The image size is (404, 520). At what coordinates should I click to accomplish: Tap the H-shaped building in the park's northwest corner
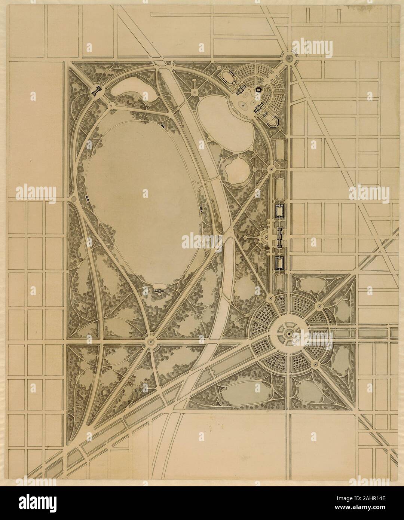[98, 90]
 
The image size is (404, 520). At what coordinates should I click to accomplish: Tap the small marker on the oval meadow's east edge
[201, 208]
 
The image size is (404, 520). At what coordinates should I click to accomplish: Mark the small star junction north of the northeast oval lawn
[195, 92]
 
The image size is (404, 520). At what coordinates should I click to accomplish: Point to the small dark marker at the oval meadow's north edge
[162, 126]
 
